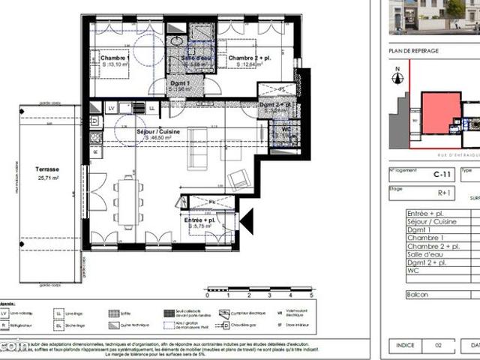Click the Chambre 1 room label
tap(109, 58)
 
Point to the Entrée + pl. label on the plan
tap(201, 220)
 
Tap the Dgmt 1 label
tap(180, 83)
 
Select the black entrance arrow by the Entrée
tap(245, 220)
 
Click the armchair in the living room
tap(238, 180)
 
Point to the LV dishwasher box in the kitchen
tap(112, 108)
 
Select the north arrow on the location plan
tap(398, 75)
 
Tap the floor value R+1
tap(424, 192)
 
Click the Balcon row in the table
tap(418, 295)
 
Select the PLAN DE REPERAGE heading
tap(414, 50)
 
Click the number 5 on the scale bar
tap(310, 296)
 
